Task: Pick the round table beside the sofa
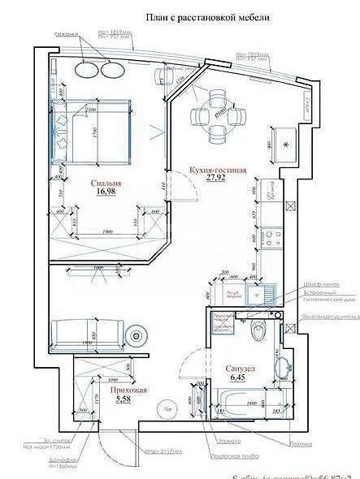[x=136, y=333]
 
